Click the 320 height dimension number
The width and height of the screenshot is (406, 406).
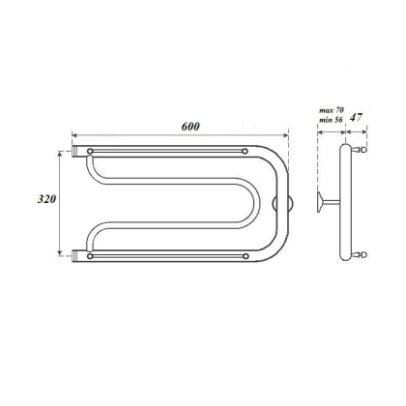point(43,201)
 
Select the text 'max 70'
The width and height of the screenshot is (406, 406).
point(331,112)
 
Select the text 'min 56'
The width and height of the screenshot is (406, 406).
point(331,123)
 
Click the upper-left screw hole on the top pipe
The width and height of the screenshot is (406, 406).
point(90,152)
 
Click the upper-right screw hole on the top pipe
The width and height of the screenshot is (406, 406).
point(247,152)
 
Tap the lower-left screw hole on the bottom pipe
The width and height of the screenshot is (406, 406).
point(90,256)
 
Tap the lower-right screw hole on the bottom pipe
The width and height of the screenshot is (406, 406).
point(247,256)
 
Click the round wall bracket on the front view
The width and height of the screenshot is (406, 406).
point(282,204)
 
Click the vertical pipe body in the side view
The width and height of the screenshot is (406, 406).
point(346,204)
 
